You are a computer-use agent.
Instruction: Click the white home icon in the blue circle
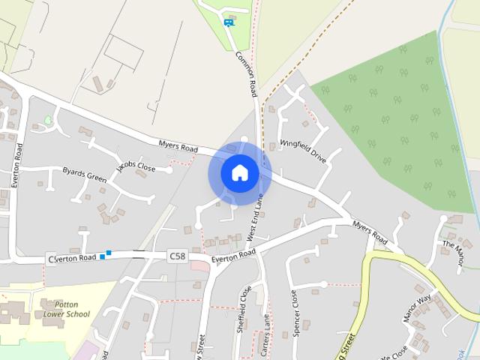[x=239, y=172]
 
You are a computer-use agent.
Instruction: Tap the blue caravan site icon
[x=228, y=22]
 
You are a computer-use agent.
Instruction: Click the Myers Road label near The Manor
[x=370, y=232]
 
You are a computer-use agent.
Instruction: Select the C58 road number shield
[x=177, y=256]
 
